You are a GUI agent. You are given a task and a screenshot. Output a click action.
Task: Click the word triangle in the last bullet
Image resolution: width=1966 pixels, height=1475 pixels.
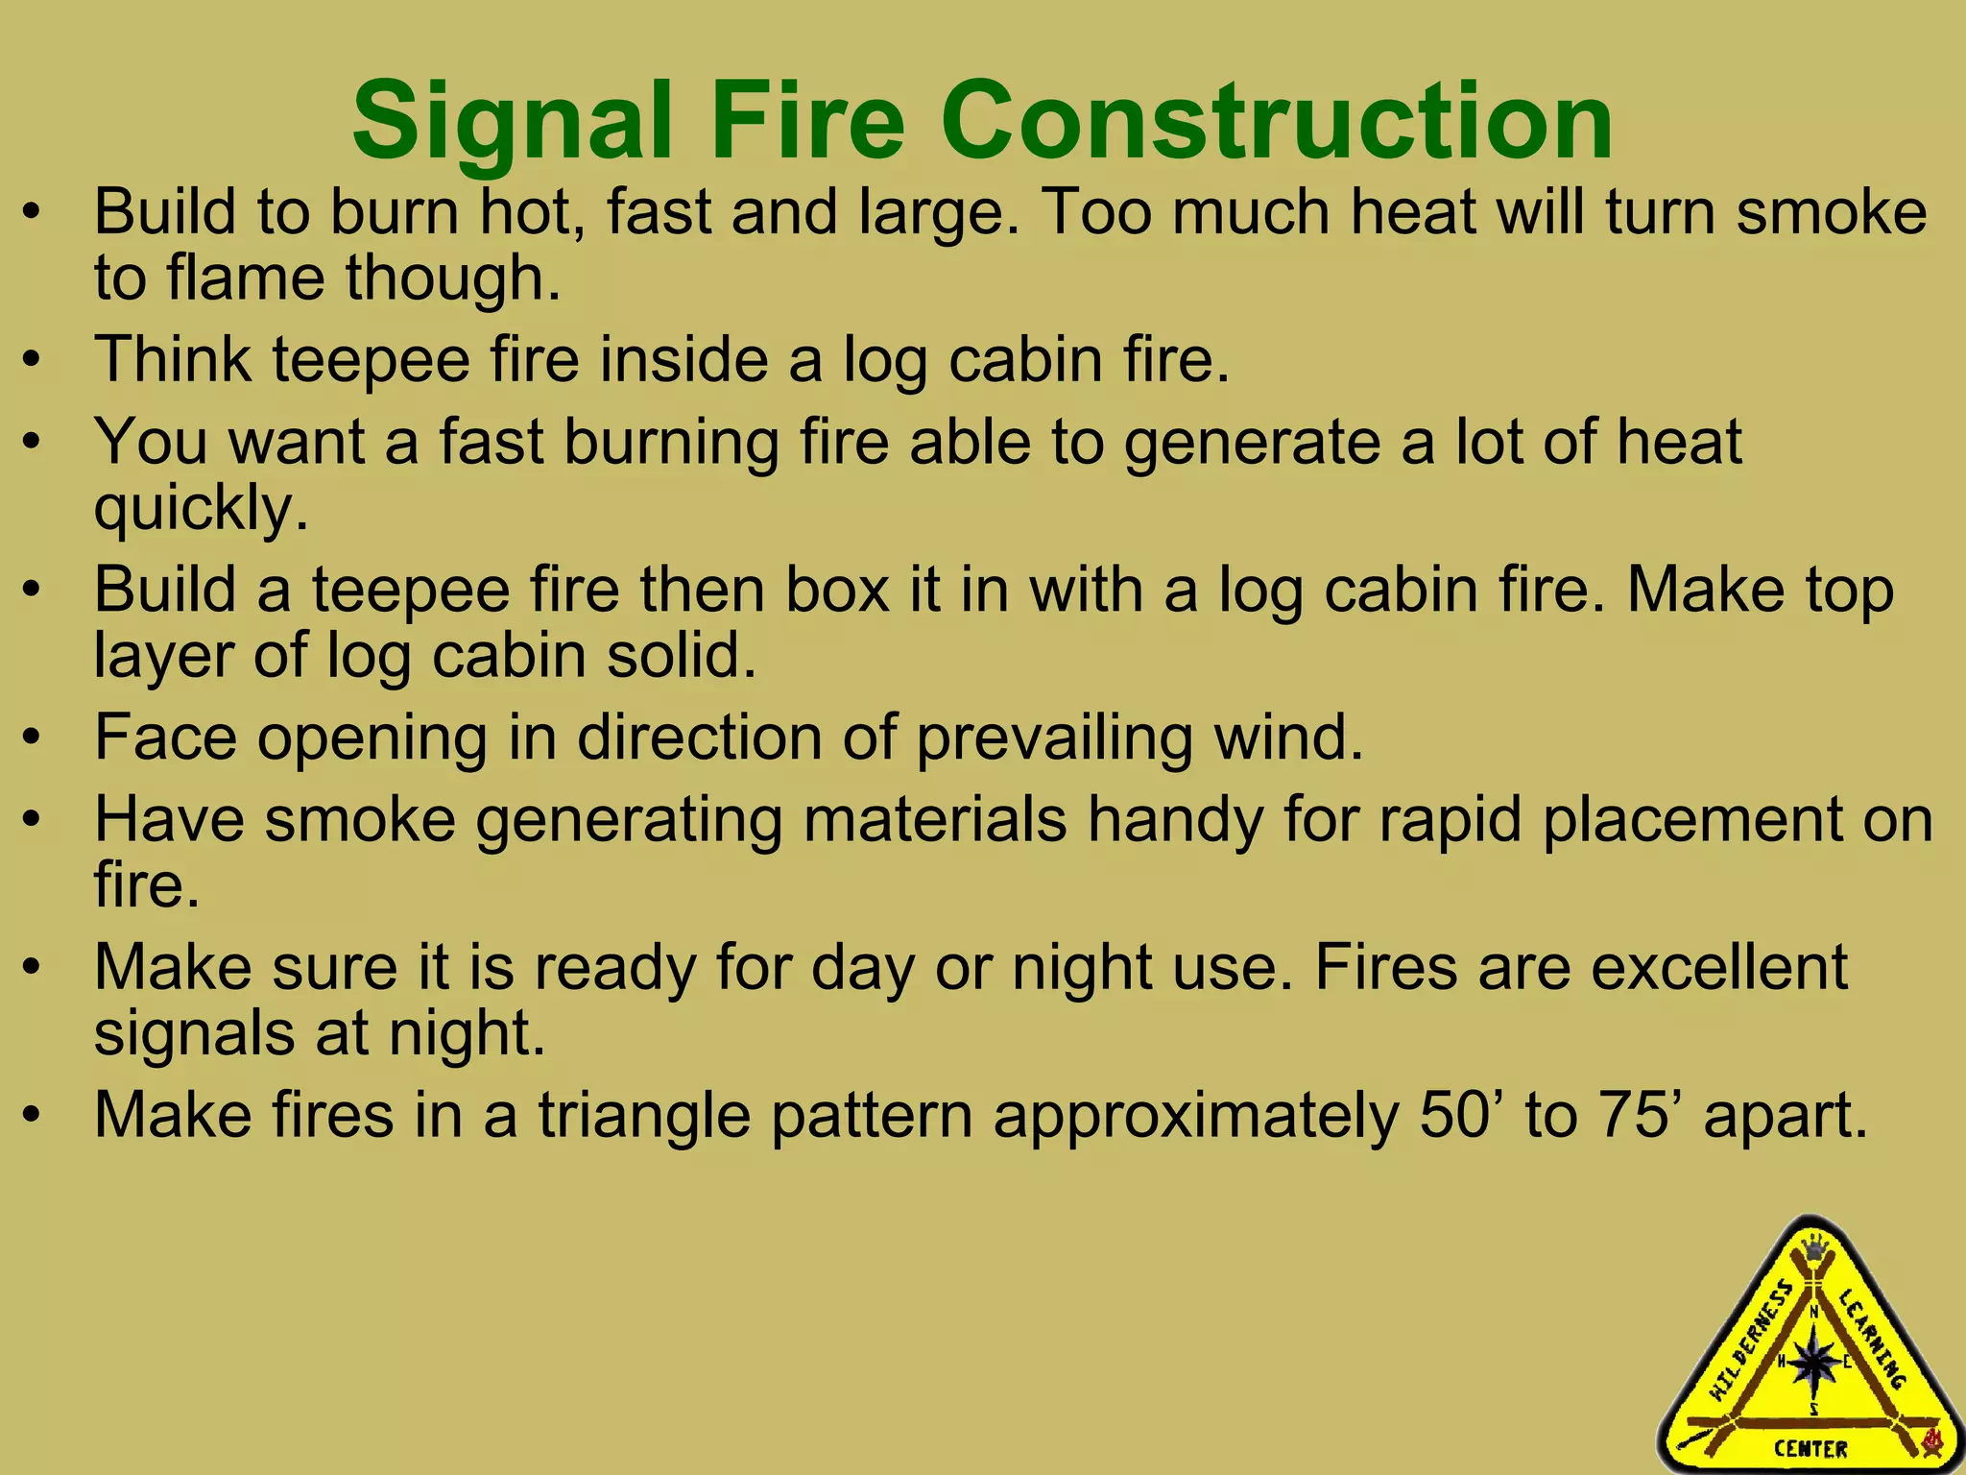pos(643,1116)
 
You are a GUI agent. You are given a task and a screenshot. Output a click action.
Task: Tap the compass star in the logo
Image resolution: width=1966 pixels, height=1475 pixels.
pos(1813,1363)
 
